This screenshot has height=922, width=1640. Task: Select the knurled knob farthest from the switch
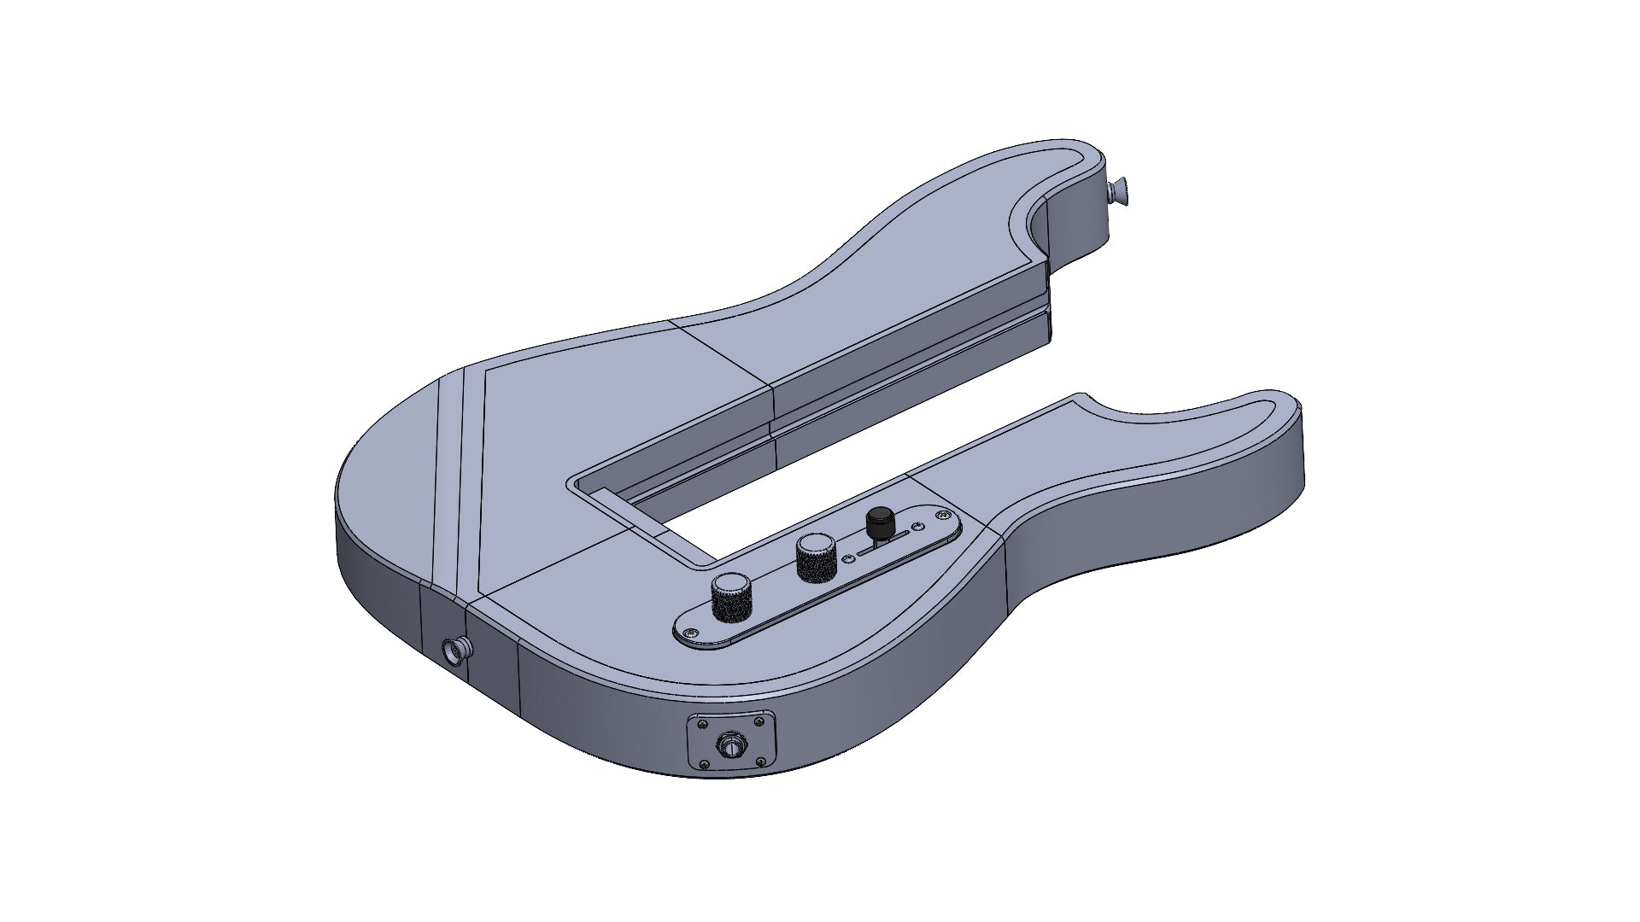coord(731,598)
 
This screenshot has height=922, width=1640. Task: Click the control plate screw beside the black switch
coord(943,515)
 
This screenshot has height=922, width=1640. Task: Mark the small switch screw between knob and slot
coord(848,558)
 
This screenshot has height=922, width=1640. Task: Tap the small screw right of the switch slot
coord(918,526)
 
